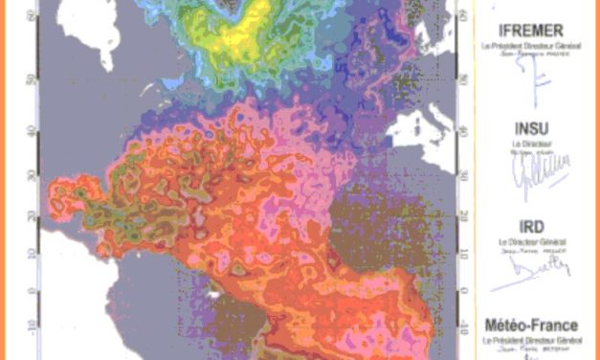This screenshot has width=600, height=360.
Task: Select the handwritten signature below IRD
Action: (x=536, y=269)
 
